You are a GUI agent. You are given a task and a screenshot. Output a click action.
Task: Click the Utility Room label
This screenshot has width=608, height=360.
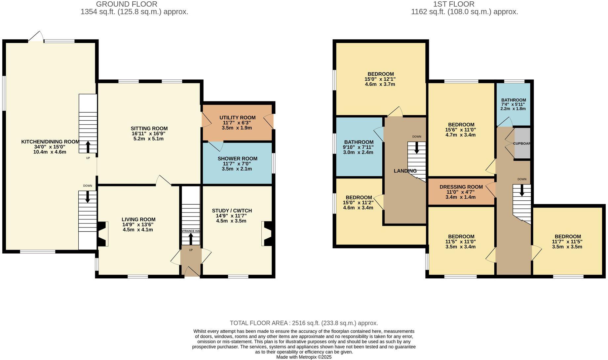(237, 118)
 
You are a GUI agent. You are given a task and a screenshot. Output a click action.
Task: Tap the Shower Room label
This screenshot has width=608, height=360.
(237, 159)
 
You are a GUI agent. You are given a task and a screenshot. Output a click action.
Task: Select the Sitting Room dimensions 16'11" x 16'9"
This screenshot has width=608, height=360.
(149, 134)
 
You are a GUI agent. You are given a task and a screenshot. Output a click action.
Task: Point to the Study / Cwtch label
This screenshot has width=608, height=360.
(232, 211)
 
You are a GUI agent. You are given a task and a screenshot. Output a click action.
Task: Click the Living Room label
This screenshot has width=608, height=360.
(138, 220)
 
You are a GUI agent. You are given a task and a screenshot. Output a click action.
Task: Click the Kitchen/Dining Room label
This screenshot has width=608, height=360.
(50, 142)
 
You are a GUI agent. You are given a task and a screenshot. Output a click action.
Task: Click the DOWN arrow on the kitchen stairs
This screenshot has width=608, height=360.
(88, 196)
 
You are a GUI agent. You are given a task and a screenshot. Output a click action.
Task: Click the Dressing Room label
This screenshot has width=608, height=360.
(461, 187)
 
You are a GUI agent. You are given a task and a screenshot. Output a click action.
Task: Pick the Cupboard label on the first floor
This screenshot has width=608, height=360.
(521, 143)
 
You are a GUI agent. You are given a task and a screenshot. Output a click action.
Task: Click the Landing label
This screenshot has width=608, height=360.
(405, 171)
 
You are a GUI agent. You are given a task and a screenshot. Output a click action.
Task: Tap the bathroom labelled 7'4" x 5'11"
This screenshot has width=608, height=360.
(513, 100)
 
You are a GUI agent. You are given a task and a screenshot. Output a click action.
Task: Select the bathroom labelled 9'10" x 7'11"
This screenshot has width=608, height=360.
(359, 142)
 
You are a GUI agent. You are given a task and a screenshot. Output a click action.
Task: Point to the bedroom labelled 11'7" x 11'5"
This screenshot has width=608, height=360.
(567, 237)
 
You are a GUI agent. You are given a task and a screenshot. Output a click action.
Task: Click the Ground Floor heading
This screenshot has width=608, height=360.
(127, 4)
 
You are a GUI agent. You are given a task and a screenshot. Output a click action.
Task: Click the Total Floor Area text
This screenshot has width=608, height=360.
(304, 323)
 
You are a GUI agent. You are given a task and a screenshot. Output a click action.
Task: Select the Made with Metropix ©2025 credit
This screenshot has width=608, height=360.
(304, 357)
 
